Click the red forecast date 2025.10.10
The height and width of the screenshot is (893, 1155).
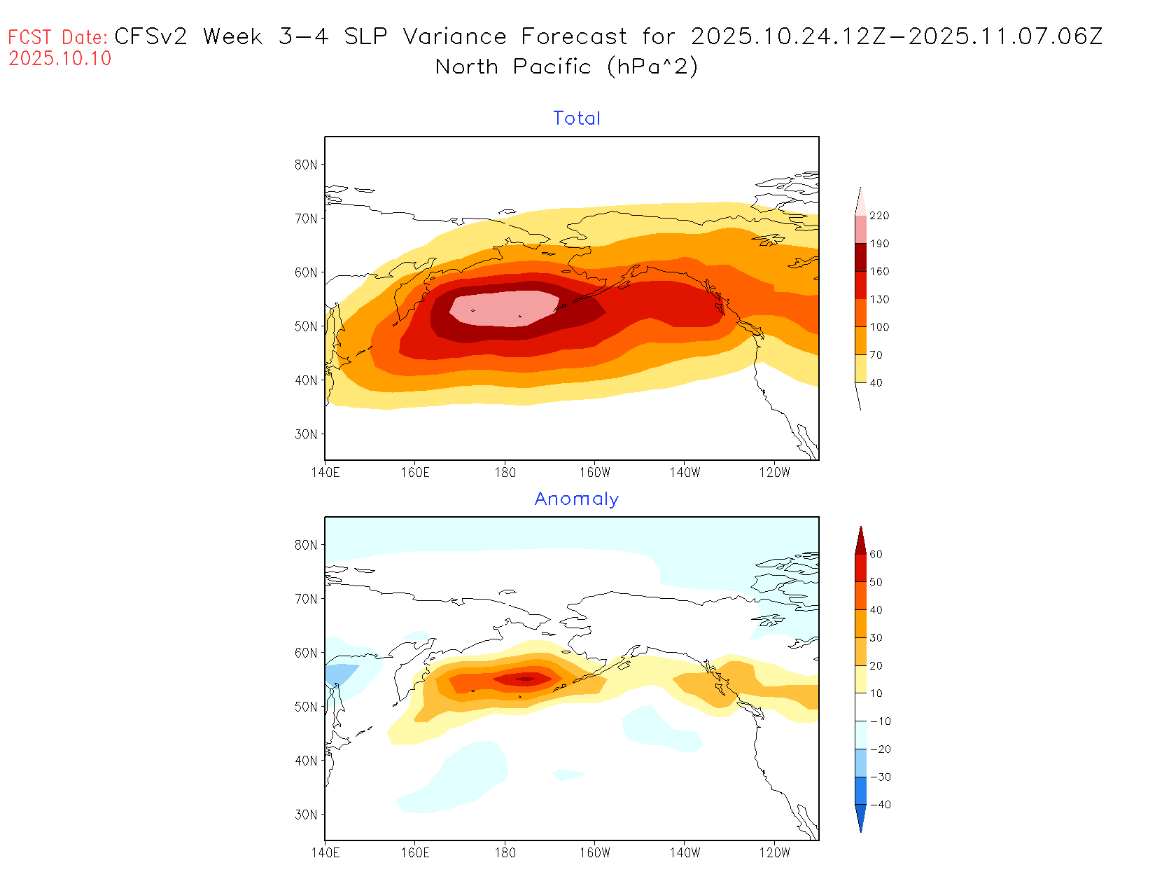[60, 58]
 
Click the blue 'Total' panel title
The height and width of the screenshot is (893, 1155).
[577, 118]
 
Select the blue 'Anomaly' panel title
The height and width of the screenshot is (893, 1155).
[577, 499]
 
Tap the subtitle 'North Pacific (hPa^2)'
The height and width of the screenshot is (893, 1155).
[567, 67]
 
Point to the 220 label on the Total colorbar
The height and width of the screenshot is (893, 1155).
[879, 216]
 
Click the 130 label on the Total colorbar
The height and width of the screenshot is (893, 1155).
[879, 299]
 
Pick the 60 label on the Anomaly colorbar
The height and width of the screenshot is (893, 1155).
[876, 554]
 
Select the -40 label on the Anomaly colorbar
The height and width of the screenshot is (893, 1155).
[880, 805]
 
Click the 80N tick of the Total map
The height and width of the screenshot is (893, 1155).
[306, 165]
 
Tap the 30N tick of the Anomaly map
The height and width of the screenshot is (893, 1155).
[306, 815]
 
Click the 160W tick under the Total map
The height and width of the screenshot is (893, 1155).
[595, 472]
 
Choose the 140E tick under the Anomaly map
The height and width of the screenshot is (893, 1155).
[325, 852]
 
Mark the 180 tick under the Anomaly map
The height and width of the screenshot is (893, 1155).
[505, 852]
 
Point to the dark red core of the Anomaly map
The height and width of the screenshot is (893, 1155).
[526, 678]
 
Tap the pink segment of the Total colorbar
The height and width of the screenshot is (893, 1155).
[860, 228]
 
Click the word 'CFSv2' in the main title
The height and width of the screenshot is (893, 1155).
[150, 36]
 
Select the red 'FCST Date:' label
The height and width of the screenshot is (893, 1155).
[58, 37]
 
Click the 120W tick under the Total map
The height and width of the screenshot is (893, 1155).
[774, 472]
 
